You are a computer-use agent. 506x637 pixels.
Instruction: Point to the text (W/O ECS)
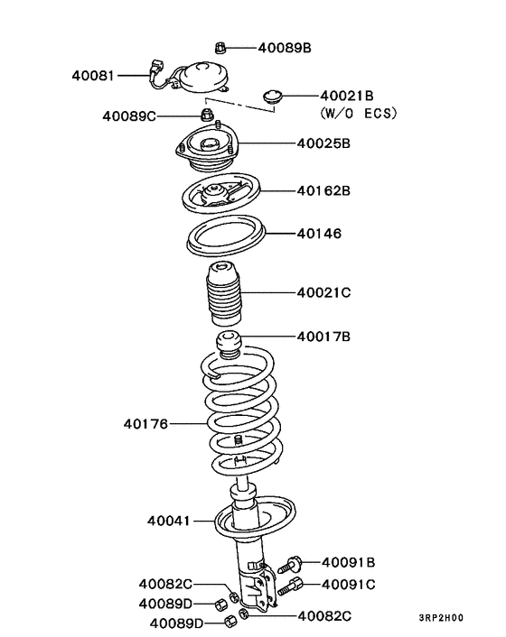coord(359,114)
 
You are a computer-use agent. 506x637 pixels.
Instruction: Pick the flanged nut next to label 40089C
coord(206,115)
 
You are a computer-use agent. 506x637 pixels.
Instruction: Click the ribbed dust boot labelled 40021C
coord(220,296)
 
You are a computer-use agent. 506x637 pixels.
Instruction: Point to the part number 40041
coord(169,521)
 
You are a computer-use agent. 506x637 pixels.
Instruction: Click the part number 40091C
coord(348,584)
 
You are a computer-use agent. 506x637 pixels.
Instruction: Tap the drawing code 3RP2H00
coord(440,618)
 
